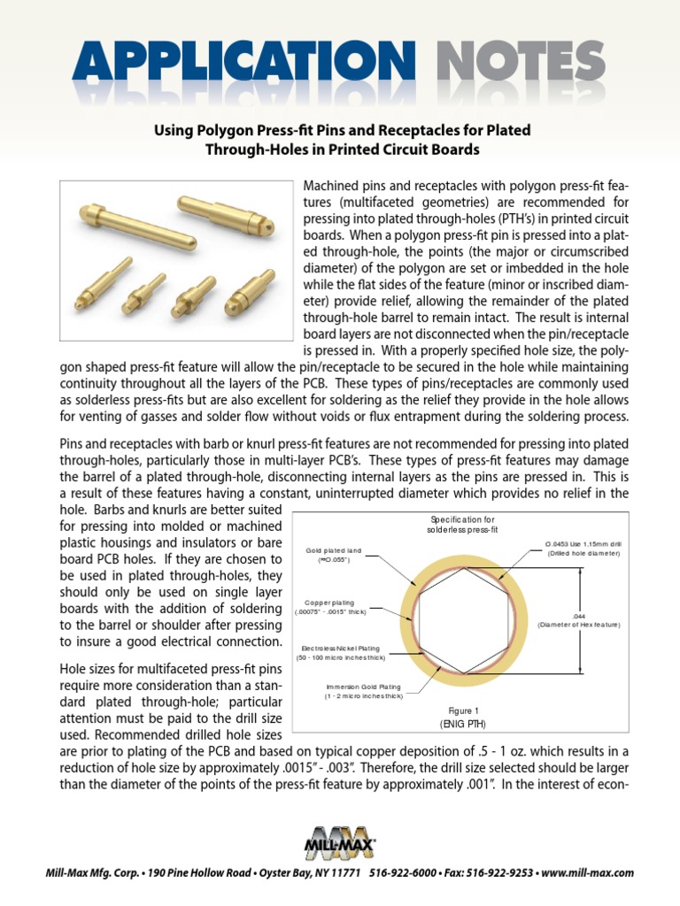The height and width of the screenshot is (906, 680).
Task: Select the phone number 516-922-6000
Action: [399, 873]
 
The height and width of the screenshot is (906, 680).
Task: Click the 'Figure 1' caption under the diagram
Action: [464, 710]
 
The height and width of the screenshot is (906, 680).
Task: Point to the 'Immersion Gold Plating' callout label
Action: [363, 687]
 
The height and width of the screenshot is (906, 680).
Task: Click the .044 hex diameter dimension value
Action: [580, 615]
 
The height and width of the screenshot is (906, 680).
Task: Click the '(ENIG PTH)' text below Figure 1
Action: [464, 723]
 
